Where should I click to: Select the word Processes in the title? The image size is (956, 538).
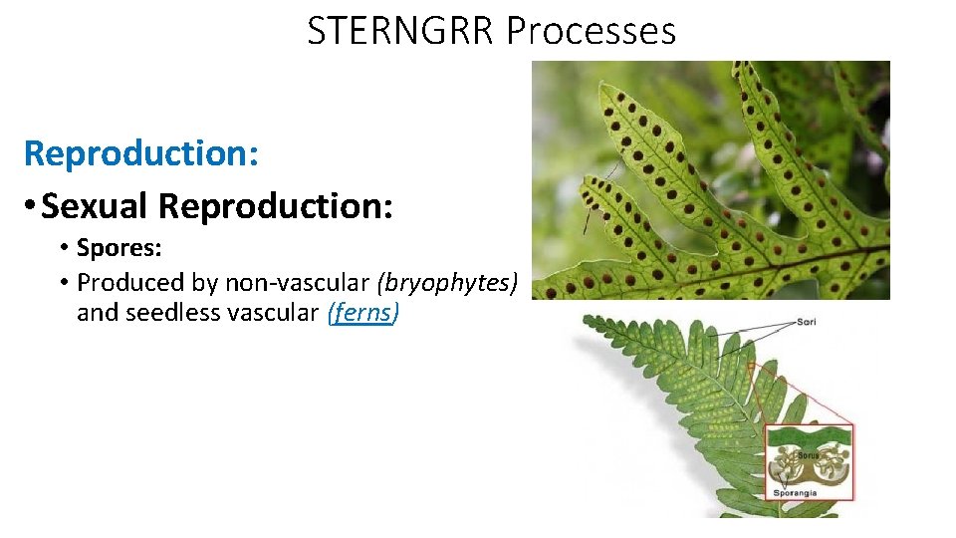[x=591, y=31]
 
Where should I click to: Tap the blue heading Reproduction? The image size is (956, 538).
[x=141, y=153]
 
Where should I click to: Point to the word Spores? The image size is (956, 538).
[x=119, y=247]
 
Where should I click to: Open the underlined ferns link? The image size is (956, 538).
[x=362, y=313]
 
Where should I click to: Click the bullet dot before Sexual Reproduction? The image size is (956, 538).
[x=33, y=207]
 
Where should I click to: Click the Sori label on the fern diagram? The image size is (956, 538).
[x=807, y=322]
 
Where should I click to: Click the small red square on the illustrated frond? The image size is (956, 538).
[x=753, y=369]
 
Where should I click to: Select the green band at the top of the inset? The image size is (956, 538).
[x=809, y=435]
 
